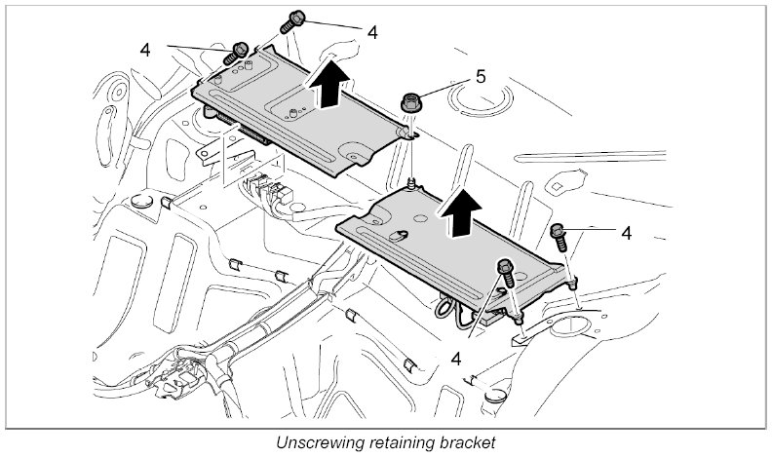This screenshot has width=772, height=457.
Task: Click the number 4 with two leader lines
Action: coord(145,47)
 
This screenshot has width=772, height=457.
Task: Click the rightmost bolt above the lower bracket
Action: coord(560,235)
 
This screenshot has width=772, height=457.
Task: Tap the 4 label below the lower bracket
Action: coord(455,358)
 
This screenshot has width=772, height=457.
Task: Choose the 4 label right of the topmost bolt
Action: coord(372,31)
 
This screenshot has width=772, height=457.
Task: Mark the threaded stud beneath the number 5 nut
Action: coord(413,182)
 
